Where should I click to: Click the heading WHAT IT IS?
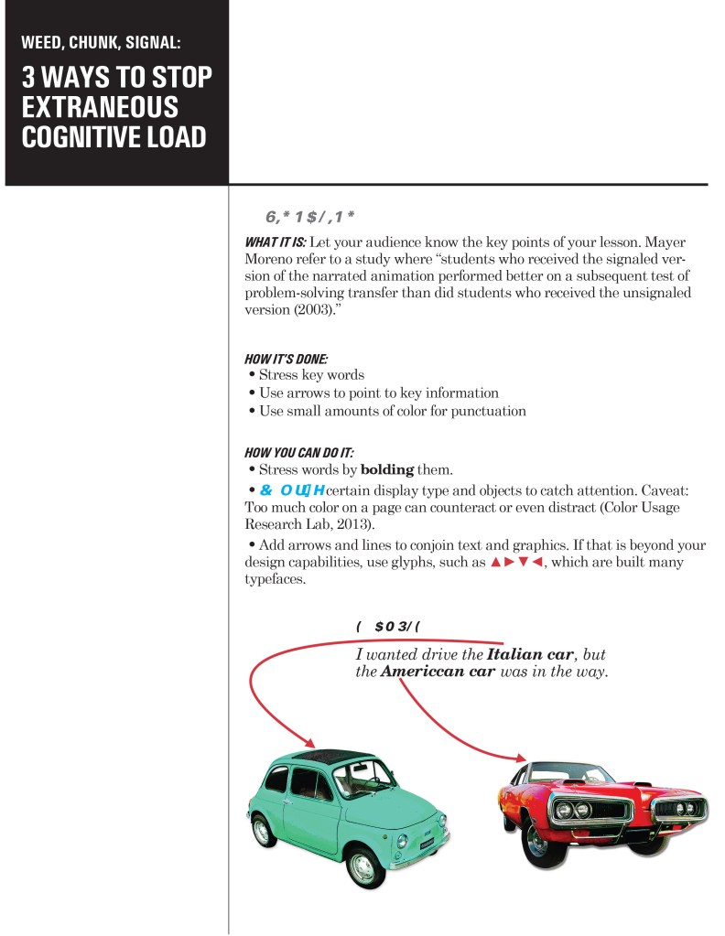click(x=275, y=242)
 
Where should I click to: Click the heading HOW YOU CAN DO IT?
click(x=298, y=453)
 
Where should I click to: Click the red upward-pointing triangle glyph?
click(x=495, y=564)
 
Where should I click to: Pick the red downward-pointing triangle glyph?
click(x=525, y=564)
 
